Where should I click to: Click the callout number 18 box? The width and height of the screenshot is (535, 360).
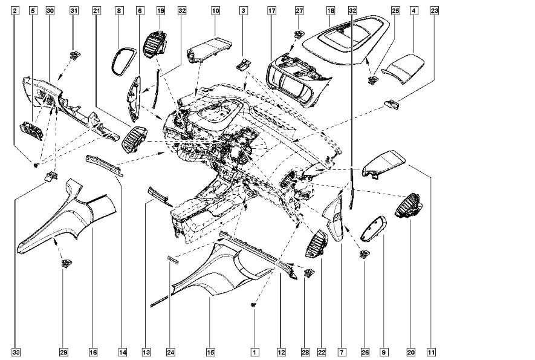point(330,11)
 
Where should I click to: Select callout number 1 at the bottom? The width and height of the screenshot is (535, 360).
point(255,351)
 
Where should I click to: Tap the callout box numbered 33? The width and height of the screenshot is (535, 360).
point(16,351)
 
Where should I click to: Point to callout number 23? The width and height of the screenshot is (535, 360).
point(434,11)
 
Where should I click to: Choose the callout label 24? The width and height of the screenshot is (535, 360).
point(170,351)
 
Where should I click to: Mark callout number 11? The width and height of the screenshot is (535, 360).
point(431,351)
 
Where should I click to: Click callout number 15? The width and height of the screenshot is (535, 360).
point(210,351)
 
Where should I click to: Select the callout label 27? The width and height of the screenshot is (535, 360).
point(299,11)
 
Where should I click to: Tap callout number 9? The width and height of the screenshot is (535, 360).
point(383,351)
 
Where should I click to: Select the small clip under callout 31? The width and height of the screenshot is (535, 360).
point(74,56)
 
